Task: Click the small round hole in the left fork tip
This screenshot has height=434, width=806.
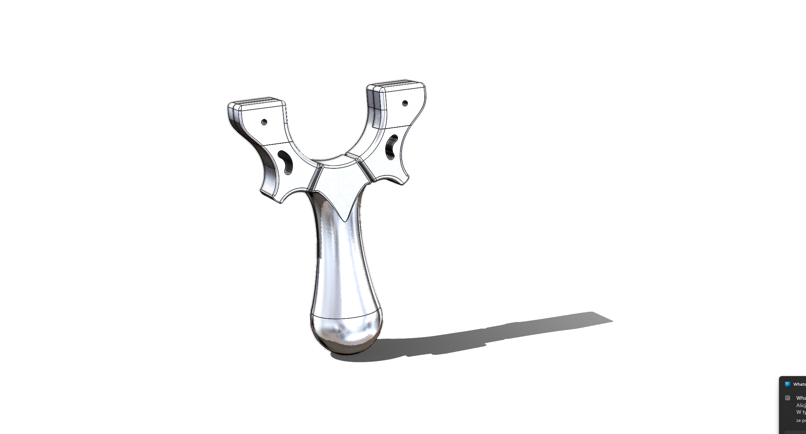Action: pyautogui.click(x=264, y=122)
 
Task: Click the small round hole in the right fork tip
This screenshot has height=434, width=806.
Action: pyautogui.click(x=405, y=103)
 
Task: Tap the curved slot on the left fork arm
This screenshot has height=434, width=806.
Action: pyautogui.click(x=285, y=162)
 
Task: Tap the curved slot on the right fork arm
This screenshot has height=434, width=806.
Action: pyautogui.click(x=391, y=147)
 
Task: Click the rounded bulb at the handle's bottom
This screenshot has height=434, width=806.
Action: pyautogui.click(x=346, y=333)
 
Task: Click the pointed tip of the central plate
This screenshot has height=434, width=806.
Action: pyautogui.click(x=344, y=220)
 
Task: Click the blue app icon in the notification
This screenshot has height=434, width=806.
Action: pyautogui.click(x=788, y=384)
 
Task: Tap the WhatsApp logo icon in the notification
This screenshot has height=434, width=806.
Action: pyautogui.click(x=788, y=398)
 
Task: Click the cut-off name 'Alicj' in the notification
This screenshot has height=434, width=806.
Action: pyautogui.click(x=801, y=405)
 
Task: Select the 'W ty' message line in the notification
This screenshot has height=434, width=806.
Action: pyautogui.click(x=801, y=412)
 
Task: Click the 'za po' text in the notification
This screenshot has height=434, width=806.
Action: pyautogui.click(x=801, y=420)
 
